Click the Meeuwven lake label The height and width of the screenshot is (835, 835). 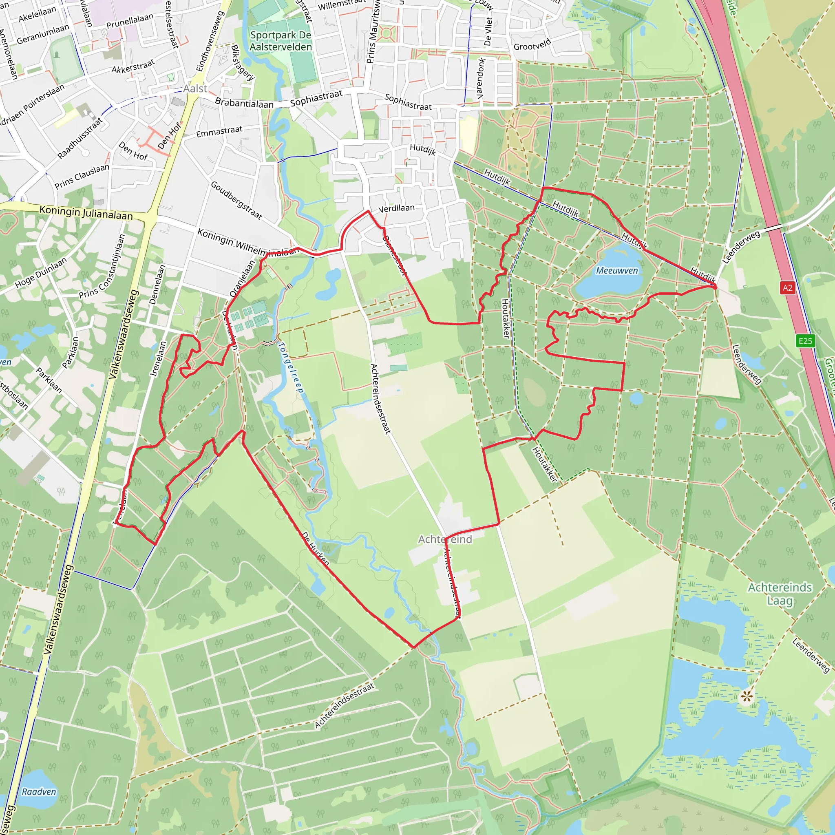click(x=617, y=271)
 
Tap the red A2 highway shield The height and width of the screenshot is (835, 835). click(x=787, y=288)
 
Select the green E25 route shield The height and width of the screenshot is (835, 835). click(x=805, y=341)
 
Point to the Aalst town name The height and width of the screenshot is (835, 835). click(x=195, y=88)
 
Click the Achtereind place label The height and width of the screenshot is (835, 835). click(x=445, y=539)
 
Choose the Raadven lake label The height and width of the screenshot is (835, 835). click(x=39, y=792)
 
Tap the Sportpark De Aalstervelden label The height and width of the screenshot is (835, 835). click(x=281, y=41)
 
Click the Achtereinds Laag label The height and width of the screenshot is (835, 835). click(x=780, y=594)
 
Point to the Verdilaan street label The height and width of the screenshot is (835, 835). click(x=396, y=208)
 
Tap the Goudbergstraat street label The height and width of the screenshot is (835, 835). click(x=236, y=200)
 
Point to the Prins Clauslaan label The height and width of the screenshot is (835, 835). click(x=82, y=176)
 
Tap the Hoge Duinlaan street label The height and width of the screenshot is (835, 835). click(x=41, y=273)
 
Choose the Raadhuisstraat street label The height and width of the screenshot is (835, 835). click(x=80, y=138)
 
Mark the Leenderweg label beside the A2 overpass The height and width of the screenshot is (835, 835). click(x=741, y=247)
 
